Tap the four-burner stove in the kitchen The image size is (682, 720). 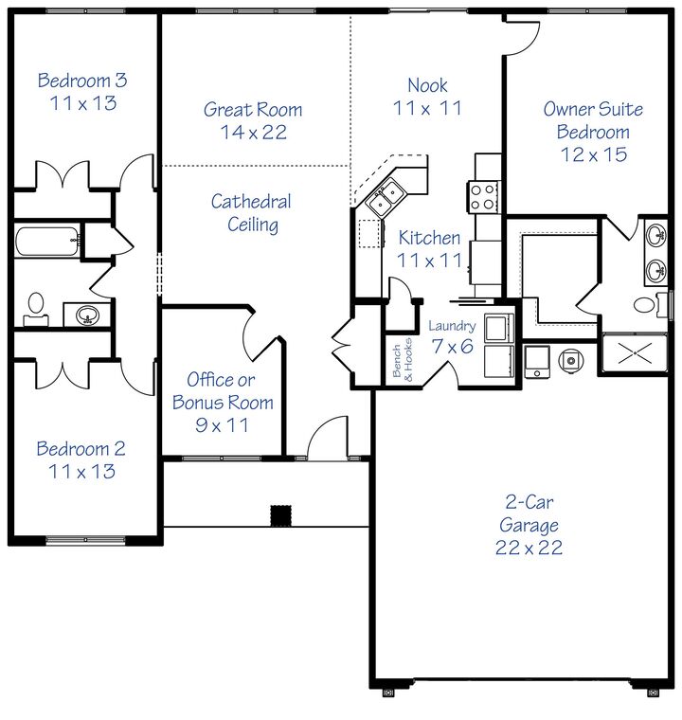click(481, 196)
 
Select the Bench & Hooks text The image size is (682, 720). click(403, 359)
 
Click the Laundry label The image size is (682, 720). click(451, 326)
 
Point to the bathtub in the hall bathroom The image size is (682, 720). click(47, 241)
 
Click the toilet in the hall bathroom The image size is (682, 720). click(36, 306)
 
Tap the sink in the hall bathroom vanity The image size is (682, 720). click(88, 314)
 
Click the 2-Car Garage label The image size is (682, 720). click(527, 526)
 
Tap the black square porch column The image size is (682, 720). click(280, 514)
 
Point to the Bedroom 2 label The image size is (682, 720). click(81, 459)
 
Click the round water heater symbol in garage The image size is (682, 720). click(572, 359)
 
